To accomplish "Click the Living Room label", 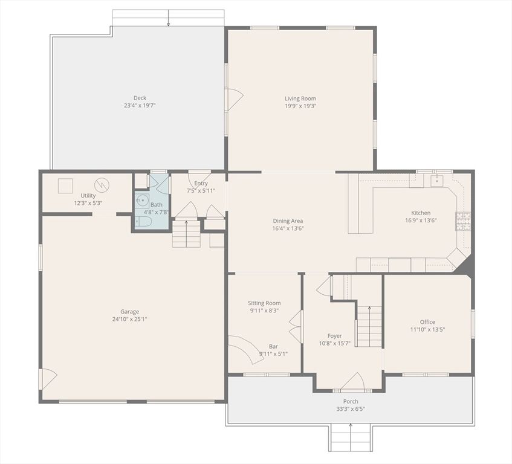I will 300,98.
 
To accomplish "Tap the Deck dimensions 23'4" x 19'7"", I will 140,105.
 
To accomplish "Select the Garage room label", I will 125,312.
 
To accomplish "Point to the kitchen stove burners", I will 464,221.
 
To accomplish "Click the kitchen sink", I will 436,180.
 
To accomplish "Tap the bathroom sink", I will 143,201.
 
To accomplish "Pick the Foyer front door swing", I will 352,382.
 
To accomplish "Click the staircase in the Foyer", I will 369,326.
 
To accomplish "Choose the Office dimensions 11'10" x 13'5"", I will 427,329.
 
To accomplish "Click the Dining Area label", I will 288,221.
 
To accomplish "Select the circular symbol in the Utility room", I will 102,184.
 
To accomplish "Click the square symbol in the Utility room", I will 65,185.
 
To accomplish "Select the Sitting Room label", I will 264,303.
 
